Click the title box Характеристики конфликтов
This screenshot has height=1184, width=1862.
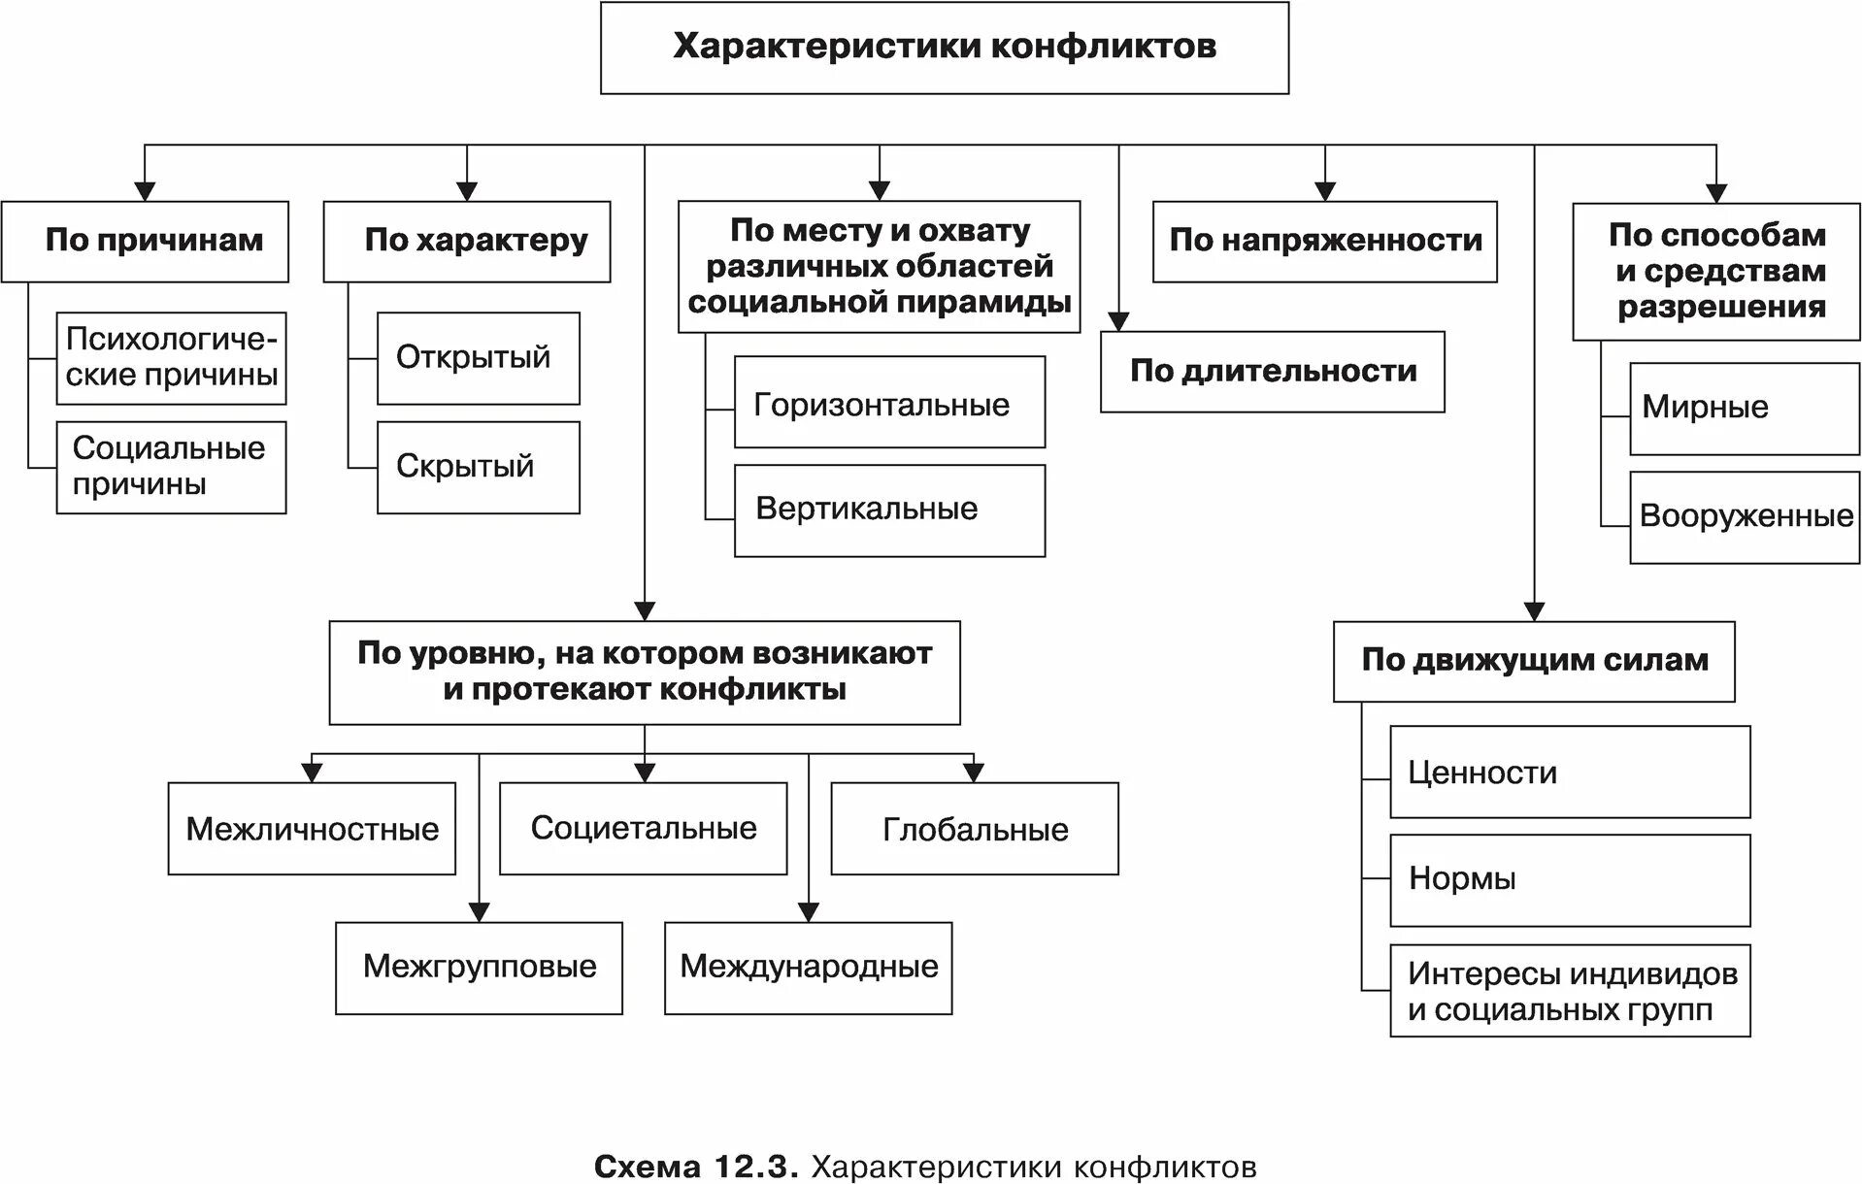(944, 48)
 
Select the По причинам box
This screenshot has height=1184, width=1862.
(145, 242)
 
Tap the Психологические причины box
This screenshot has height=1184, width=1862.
(171, 358)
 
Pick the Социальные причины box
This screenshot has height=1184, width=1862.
(171, 467)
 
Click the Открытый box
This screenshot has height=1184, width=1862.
(478, 358)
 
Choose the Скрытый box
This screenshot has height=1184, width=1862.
(478, 467)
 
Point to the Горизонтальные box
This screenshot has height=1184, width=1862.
(889, 402)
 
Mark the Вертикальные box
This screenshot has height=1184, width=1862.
(889, 510)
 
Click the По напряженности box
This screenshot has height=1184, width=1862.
(1324, 242)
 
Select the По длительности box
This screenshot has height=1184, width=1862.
(1272, 372)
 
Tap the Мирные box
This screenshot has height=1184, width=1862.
(1744, 409)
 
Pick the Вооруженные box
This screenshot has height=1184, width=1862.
(1744, 517)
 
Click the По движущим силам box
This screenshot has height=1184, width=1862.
(1533, 661)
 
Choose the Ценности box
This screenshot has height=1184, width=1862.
(1569, 772)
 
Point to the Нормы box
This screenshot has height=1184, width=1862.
(1569, 880)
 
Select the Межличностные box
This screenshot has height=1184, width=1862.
(312, 829)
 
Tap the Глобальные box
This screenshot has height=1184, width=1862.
(974, 829)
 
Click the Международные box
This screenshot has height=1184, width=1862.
(808, 968)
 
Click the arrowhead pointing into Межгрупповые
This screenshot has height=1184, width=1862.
(480, 912)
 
